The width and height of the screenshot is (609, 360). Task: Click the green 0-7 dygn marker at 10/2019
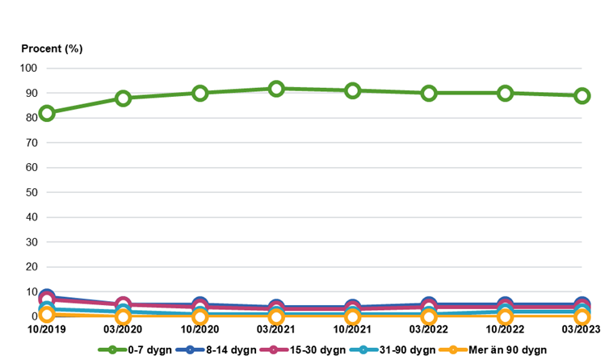47,113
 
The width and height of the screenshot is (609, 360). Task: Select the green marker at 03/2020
124,98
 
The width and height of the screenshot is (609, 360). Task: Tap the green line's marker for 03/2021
276,89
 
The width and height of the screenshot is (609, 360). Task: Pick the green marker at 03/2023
582,95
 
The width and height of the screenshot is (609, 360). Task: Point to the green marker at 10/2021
353,91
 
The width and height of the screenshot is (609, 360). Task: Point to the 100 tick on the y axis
29,69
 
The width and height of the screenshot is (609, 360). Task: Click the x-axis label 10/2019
47,329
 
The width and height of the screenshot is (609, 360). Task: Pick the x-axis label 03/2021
276,329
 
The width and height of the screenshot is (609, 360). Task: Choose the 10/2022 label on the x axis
505,329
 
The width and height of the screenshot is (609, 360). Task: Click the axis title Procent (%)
52,48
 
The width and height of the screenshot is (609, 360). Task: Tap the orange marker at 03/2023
582,317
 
